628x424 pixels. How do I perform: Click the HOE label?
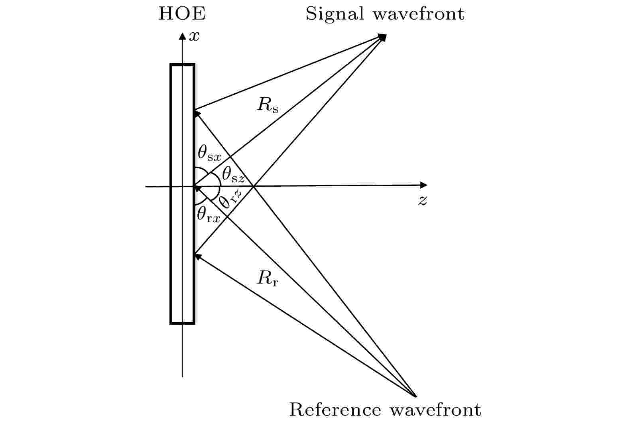tap(182, 14)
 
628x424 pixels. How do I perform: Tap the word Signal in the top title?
tap(335, 14)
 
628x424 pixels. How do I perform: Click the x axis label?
tap(194, 37)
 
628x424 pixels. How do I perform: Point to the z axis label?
tap(423, 200)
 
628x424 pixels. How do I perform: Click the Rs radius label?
tap(268, 105)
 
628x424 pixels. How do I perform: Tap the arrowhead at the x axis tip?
tap(183, 37)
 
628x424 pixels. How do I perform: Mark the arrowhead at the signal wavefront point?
tap(383, 37)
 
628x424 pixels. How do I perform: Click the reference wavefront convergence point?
tap(415, 396)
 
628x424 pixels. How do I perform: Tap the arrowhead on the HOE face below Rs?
tap(197, 114)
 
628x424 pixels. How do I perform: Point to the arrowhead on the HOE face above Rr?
tap(197, 256)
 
